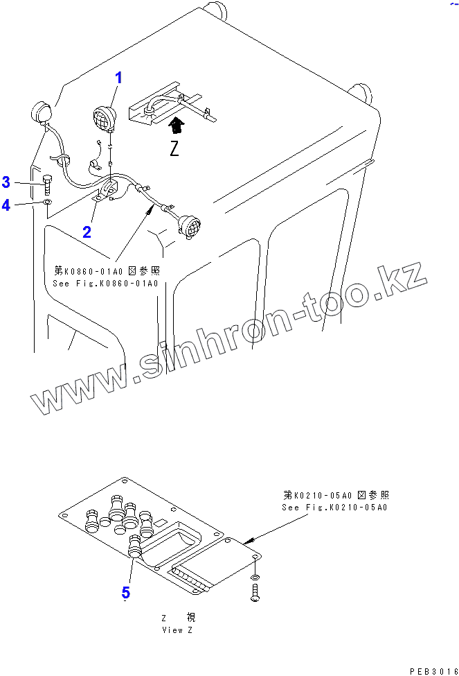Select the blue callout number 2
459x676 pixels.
click(x=87, y=232)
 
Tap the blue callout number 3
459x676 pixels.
click(x=6, y=182)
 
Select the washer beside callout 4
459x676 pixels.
click(x=46, y=202)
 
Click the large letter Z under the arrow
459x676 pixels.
click(x=174, y=148)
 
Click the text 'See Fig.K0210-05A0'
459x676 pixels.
click(x=335, y=507)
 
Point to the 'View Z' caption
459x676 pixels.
click(x=173, y=630)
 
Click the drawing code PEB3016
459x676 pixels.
click(x=433, y=670)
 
